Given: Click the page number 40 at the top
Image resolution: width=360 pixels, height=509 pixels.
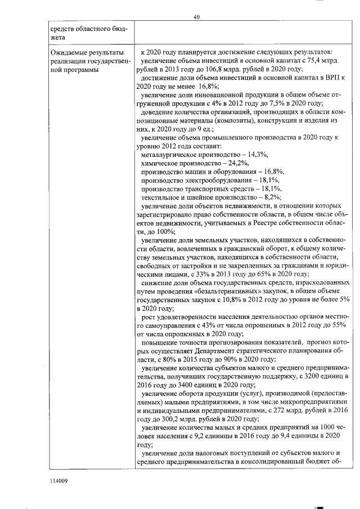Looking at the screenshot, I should point(196,17).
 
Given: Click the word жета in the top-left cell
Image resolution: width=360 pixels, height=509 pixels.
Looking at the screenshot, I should point(58,37).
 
